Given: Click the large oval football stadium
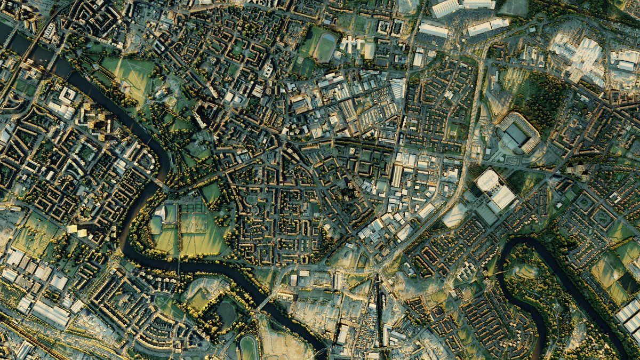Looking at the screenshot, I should click(x=517, y=133).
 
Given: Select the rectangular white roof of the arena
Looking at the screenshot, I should click(x=503, y=197).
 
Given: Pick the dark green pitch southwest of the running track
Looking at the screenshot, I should click(x=306, y=66).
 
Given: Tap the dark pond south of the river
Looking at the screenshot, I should click(x=227, y=314).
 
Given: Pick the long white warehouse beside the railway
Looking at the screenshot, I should click(x=51, y=313).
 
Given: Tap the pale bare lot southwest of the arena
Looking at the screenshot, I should click(x=454, y=215).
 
